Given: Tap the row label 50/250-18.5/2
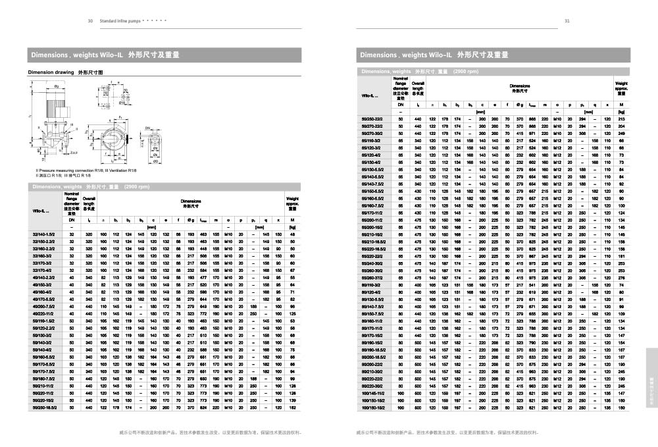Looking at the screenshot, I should (x=43, y=408).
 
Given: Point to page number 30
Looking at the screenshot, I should (x=90, y=21).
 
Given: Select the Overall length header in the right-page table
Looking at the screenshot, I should (x=418, y=87).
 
